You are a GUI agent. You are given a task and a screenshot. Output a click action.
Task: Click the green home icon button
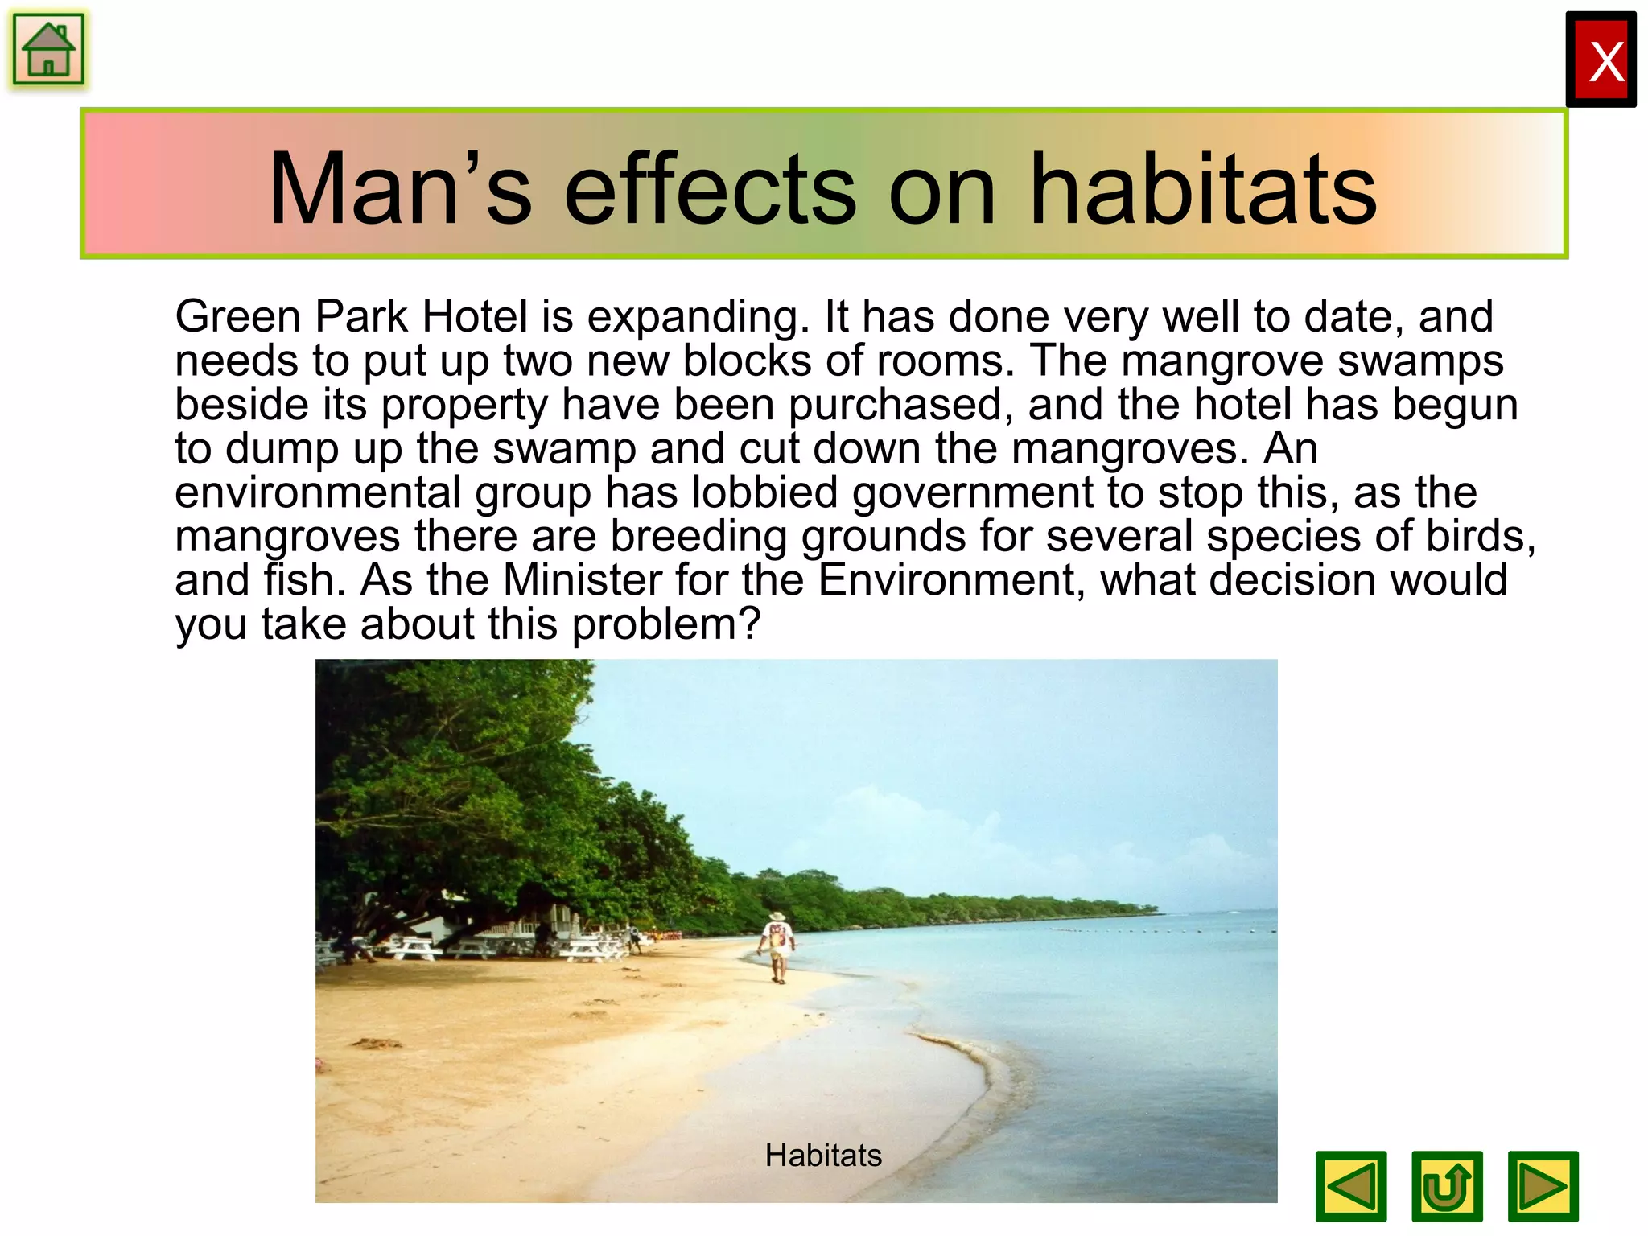point(48,50)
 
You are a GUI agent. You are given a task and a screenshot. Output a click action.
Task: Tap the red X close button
point(1601,60)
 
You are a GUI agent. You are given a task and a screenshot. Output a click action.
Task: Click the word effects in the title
point(711,190)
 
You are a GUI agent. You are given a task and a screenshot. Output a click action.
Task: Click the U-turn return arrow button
point(1447,1186)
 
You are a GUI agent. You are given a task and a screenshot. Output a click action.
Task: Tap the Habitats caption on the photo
point(823,1156)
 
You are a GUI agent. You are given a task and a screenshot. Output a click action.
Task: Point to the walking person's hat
point(777,917)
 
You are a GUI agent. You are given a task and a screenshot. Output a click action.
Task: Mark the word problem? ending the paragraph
point(666,624)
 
